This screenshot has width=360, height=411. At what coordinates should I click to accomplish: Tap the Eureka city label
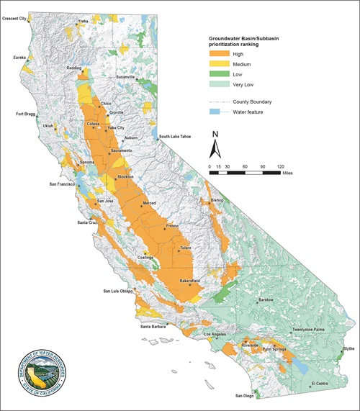coord(19,56)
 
